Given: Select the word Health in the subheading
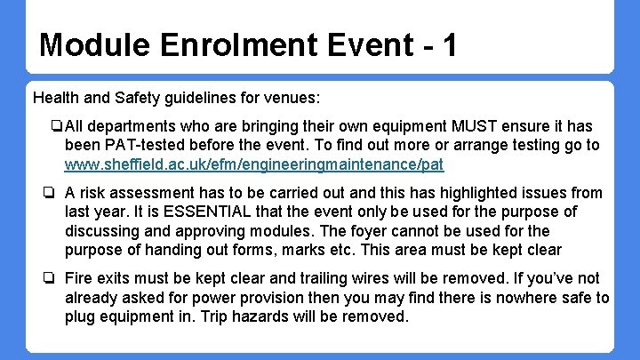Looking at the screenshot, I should coord(56,96).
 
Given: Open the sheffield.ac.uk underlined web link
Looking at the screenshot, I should coord(254,164).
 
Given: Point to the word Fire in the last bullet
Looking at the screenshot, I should coord(80,279).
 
